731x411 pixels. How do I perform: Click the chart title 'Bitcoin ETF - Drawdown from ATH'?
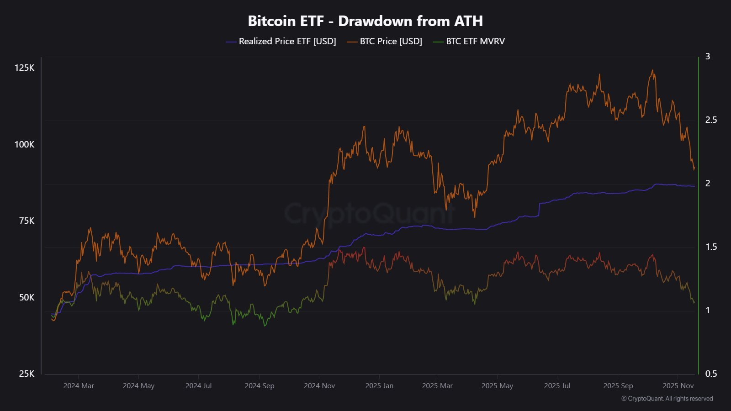[365, 21]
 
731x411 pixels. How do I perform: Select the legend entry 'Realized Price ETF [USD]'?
[287, 42]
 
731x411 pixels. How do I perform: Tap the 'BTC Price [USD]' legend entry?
[391, 42]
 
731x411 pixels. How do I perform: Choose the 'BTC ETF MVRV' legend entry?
[475, 42]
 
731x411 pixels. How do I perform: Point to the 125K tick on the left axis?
[24, 68]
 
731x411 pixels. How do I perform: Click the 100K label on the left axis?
[24, 144]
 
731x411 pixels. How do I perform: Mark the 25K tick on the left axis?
[26, 374]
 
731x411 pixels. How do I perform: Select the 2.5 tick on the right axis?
[711, 120]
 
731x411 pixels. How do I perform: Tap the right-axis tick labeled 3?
[708, 57]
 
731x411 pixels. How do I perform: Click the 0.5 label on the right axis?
[711, 374]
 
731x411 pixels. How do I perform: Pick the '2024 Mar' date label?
[79, 386]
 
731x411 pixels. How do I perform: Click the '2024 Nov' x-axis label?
[319, 386]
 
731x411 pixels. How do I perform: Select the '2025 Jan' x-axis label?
[379, 386]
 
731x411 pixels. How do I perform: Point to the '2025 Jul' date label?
[557, 386]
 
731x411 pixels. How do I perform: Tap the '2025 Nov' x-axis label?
[678, 386]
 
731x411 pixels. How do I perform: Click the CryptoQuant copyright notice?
[667, 399]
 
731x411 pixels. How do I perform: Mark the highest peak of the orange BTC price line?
[652, 70]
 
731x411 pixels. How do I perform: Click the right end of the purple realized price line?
[694, 186]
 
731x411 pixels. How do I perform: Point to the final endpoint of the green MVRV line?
[694, 302]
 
